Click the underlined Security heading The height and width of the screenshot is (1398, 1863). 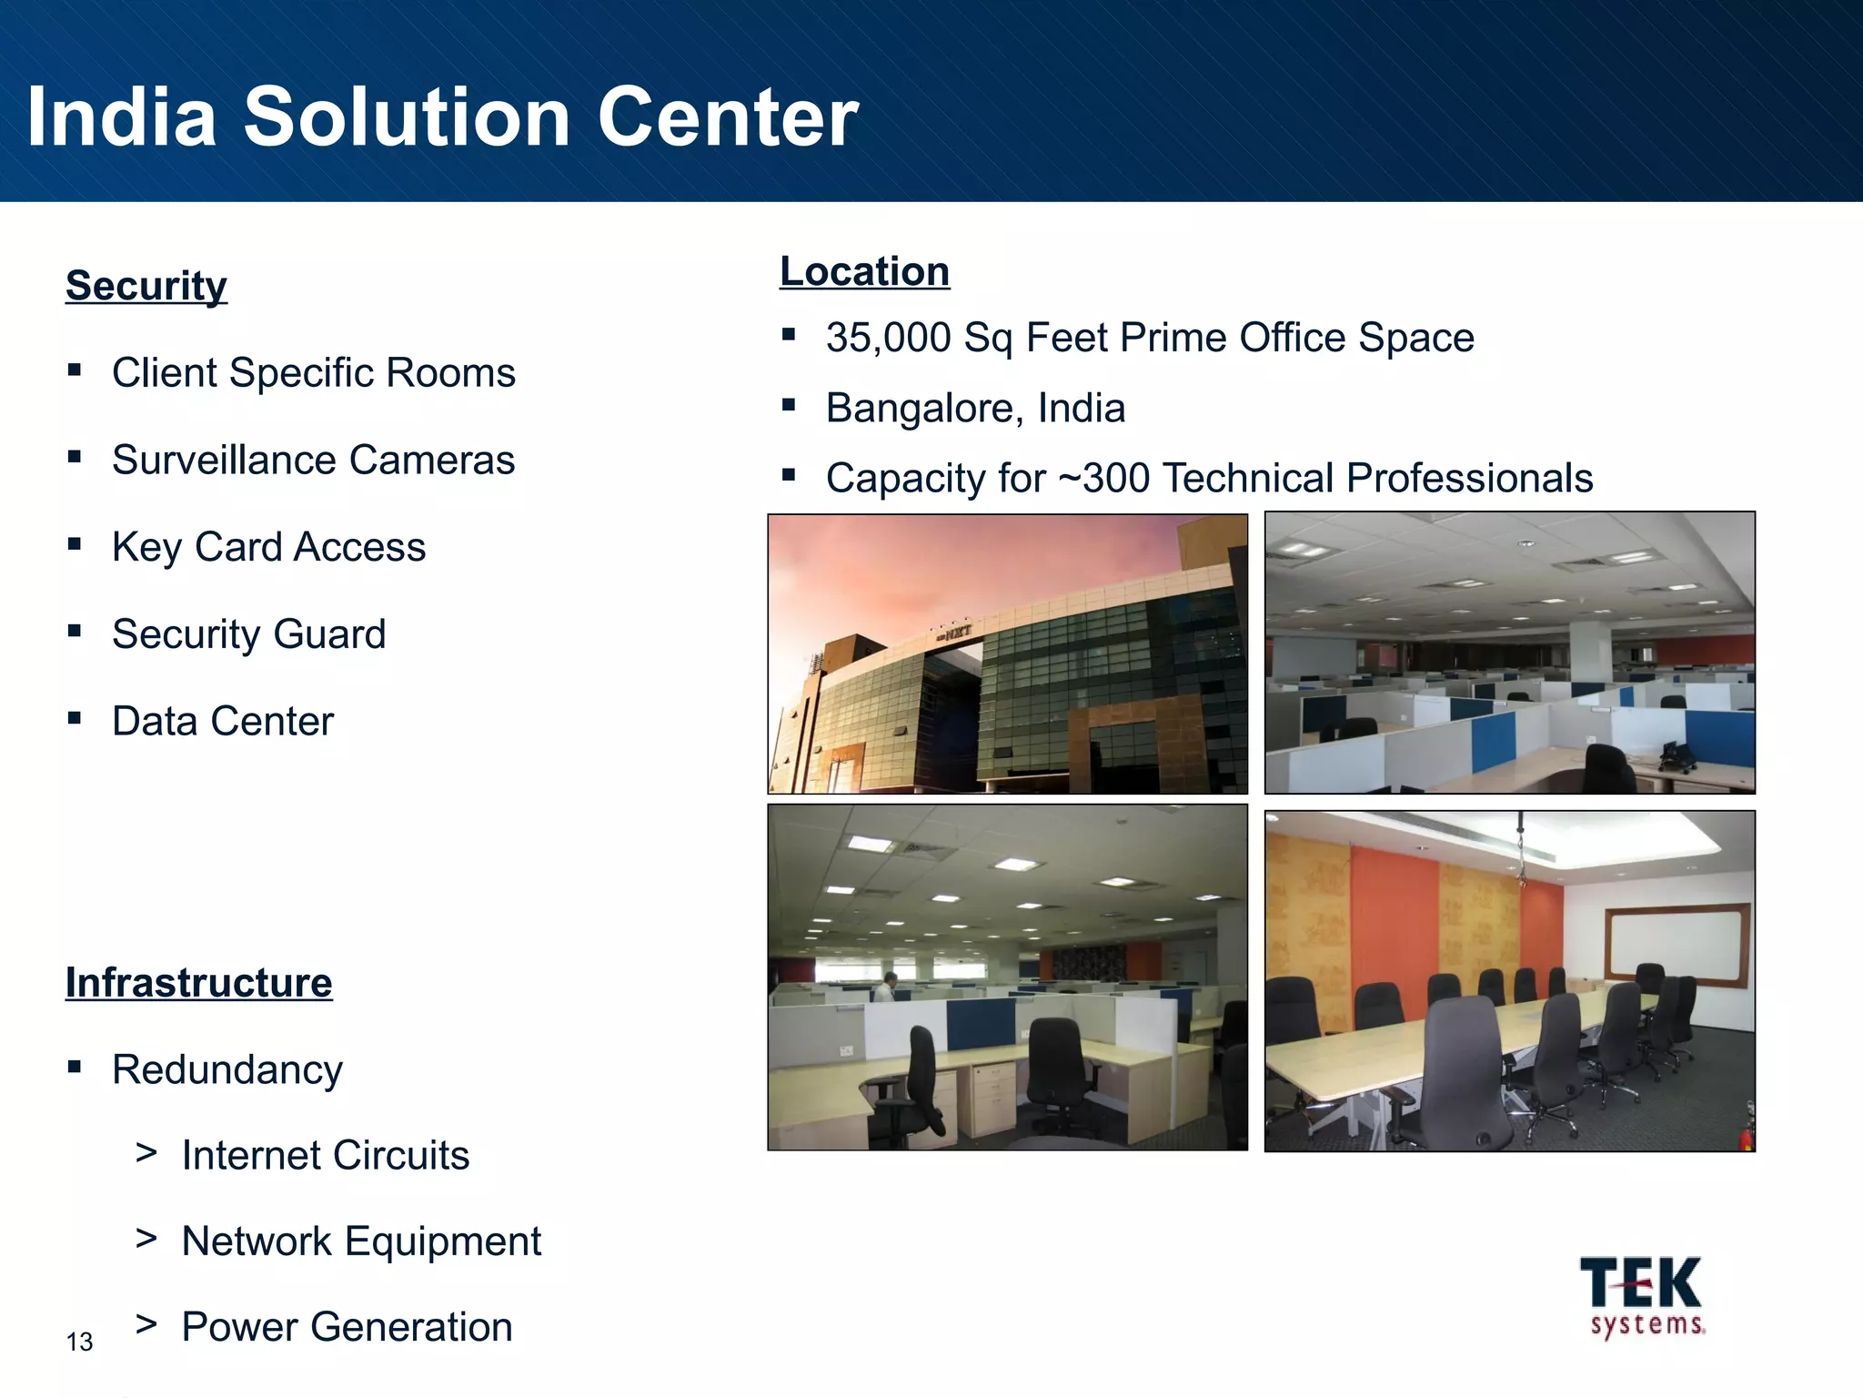point(146,286)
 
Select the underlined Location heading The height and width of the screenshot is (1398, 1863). point(864,271)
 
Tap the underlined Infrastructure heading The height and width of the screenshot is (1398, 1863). point(198,983)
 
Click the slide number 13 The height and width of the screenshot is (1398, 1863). point(79,1342)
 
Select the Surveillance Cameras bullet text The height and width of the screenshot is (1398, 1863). point(313,460)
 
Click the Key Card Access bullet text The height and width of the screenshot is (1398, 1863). point(268,547)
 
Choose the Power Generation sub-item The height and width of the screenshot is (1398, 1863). point(347,1327)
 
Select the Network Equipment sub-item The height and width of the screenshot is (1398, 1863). point(361,1241)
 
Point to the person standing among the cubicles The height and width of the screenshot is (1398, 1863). point(889,987)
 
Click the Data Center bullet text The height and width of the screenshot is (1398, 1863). point(223,721)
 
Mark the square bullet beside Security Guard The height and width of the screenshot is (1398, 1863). point(75,631)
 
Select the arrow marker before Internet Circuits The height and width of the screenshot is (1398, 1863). point(146,1152)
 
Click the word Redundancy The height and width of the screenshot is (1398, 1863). point(227,1069)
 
